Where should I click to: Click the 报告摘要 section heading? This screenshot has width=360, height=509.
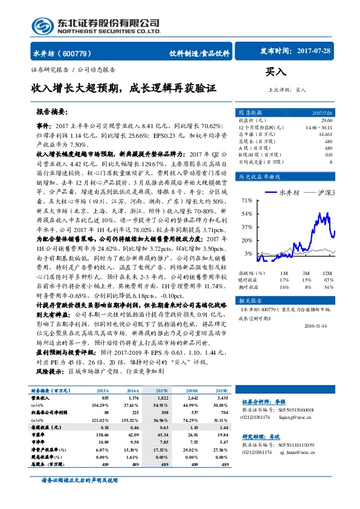pyautogui.click(x=52, y=112)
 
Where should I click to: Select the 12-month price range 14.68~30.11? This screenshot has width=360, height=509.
pyautogui.click(x=319, y=128)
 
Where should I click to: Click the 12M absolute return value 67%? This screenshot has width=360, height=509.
pyautogui.click(x=329, y=280)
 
